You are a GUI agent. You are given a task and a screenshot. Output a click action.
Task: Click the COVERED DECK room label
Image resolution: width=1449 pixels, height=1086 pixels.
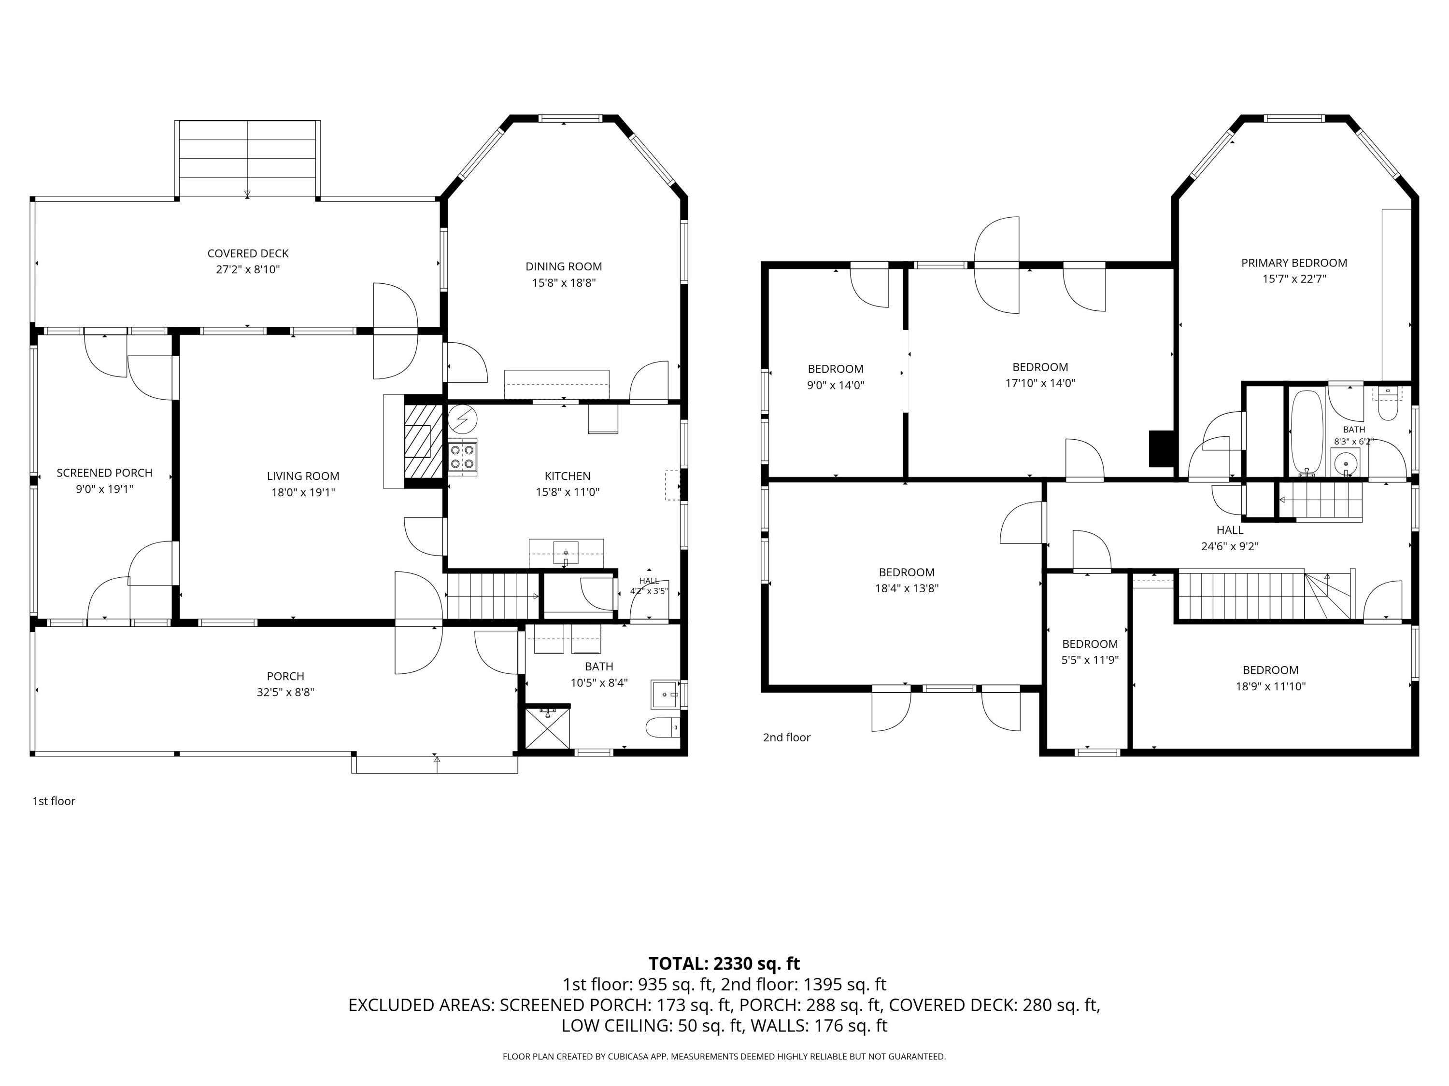[x=248, y=253]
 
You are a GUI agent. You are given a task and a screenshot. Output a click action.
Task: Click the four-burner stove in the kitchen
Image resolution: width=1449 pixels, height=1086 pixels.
[x=463, y=456]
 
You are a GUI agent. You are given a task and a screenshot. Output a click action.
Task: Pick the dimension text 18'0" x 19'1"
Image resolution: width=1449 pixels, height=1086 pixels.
[x=303, y=492]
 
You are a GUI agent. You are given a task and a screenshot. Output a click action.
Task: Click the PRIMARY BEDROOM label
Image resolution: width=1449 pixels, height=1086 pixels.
[x=1294, y=263]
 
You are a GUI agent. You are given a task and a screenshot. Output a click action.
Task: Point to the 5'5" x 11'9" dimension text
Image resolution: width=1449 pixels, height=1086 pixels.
[x=1090, y=660]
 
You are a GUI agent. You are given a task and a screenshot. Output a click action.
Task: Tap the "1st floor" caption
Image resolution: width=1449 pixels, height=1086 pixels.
[x=54, y=801]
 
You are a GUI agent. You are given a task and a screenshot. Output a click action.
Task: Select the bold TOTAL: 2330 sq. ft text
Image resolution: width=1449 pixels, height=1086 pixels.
[x=724, y=963]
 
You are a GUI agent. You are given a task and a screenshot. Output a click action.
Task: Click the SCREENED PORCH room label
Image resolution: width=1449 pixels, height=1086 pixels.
[x=104, y=473]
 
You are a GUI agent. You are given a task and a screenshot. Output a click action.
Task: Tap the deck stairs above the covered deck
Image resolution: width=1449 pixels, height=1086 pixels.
[x=248, y=158]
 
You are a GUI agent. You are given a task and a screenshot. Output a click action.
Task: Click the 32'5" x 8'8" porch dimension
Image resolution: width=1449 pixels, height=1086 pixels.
[x=285, y=692]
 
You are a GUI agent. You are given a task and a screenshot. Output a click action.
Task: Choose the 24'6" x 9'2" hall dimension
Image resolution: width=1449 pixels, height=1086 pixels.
[x=1230, y=546]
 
